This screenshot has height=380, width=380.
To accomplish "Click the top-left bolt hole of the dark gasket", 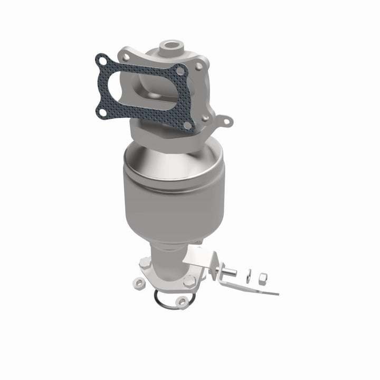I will pos(100,62).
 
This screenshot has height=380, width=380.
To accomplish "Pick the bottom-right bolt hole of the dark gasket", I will pos(187,125).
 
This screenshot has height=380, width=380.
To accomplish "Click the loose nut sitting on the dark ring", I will pos(182,301).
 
